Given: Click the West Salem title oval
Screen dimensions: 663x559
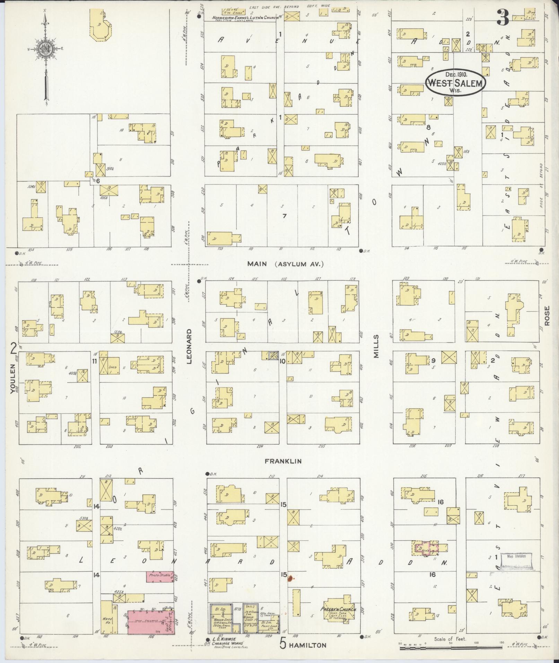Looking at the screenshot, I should pos(456,82).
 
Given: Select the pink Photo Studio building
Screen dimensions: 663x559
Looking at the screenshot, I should pos(159,576).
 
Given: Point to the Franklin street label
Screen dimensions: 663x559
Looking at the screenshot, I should pos(283,461).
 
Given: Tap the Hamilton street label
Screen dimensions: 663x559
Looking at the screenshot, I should pos(307,645).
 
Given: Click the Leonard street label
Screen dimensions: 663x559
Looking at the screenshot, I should pos(189,346).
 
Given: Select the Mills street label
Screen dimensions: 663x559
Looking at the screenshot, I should pos(376,346).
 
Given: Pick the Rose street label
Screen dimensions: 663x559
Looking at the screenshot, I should pos(547,315).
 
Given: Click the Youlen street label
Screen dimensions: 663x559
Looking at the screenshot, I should pos(13,378).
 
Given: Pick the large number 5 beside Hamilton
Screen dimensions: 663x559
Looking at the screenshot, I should pos(283,644).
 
